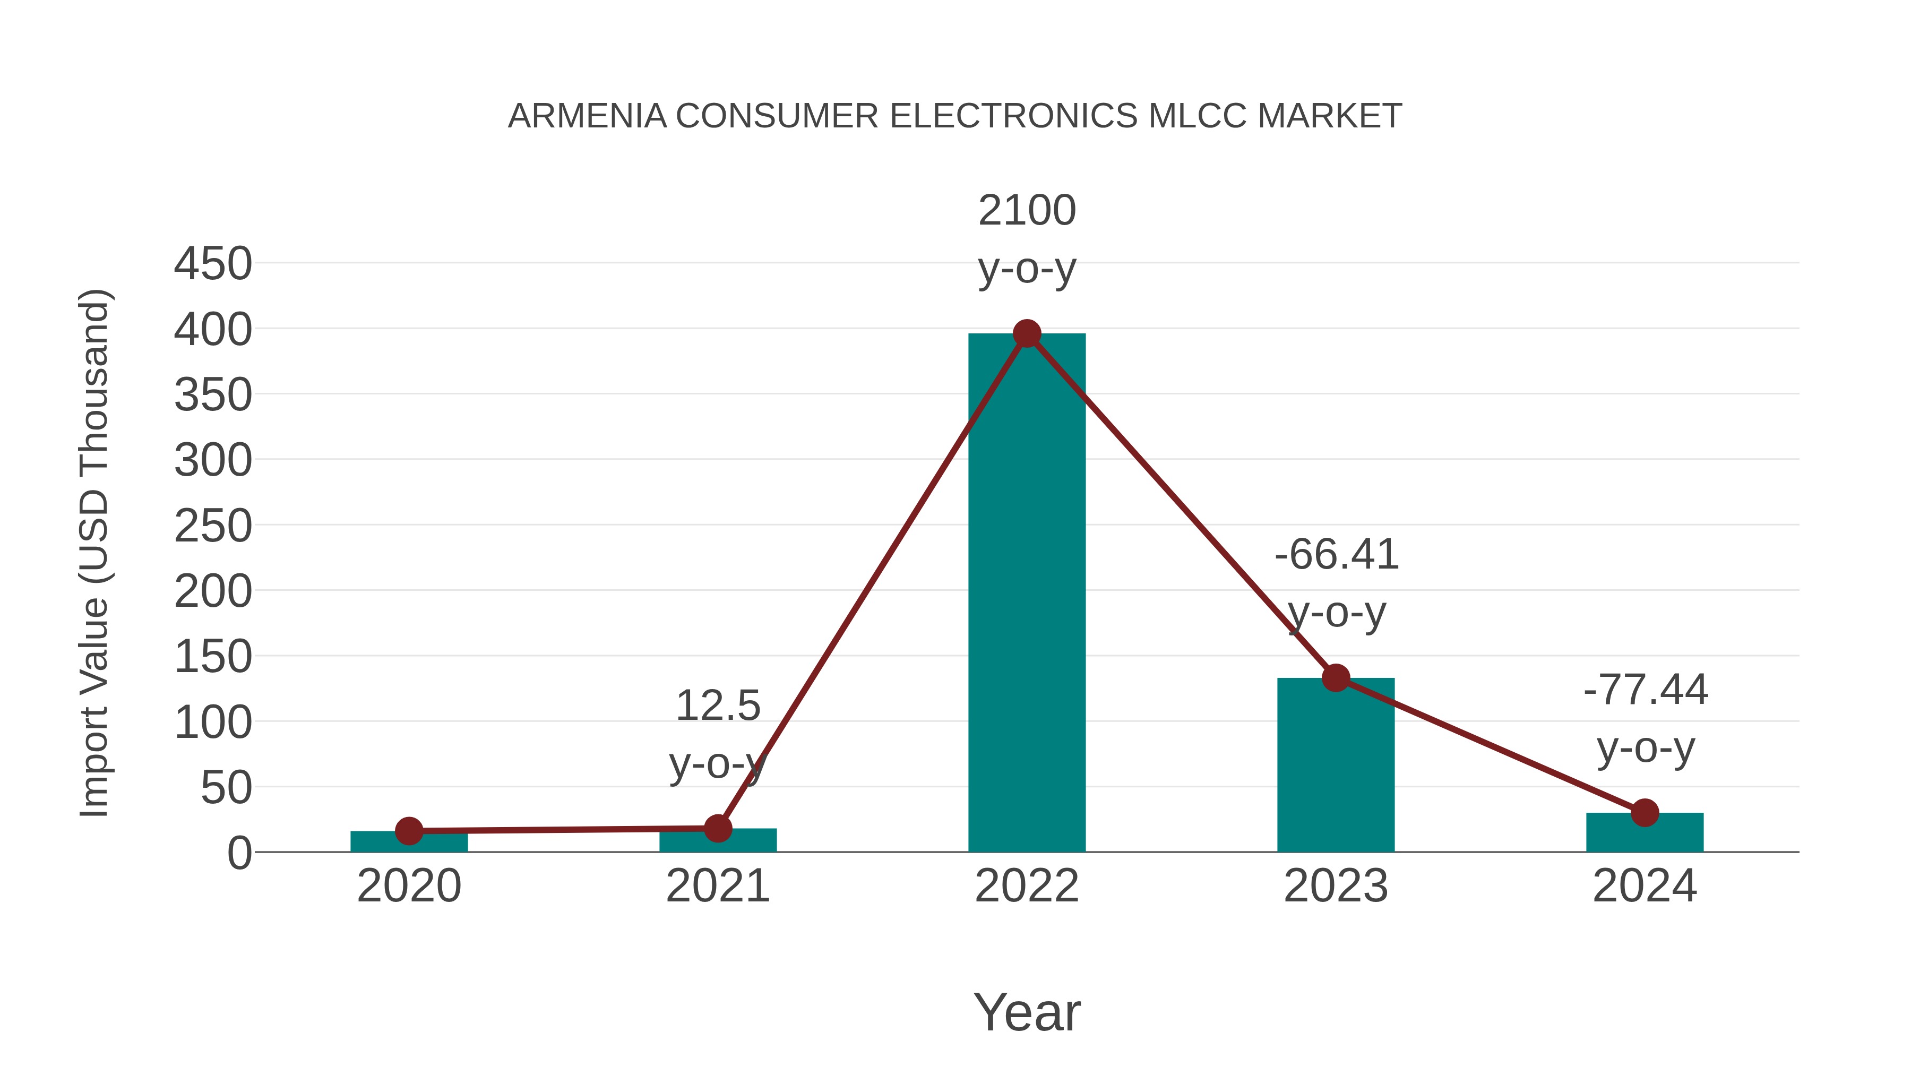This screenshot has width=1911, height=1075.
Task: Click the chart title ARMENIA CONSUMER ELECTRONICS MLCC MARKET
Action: pyautogui.click(x=954, y=116)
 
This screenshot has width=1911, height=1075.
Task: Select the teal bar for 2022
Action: pyautogui.click(x=1027, y=594)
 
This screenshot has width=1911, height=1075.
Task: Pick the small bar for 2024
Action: pyautogui.click(x=1645, y=835)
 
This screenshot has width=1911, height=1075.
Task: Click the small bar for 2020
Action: pyautogui.click(x=409, y=843)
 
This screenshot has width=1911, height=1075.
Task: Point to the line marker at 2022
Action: pyautogui.click(x=1027, y=334)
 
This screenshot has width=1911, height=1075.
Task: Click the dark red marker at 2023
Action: pyautogui.click(x=1336, y=677)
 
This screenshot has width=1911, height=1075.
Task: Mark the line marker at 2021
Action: pyautogui.click(x=717, y=828)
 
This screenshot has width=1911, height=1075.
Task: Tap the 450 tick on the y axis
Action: pyautogui.click(x=213, y=264)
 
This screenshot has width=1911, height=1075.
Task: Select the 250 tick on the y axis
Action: pyautogui.click(x=213, y=526)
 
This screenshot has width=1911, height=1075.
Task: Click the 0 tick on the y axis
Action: pyautogui.click(x=239, y=853)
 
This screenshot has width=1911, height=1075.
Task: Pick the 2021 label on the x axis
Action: pyautogui.click(x=717, y=886)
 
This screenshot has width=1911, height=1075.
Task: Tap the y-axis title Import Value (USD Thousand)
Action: pyautogui.click(x=95, y=553)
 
